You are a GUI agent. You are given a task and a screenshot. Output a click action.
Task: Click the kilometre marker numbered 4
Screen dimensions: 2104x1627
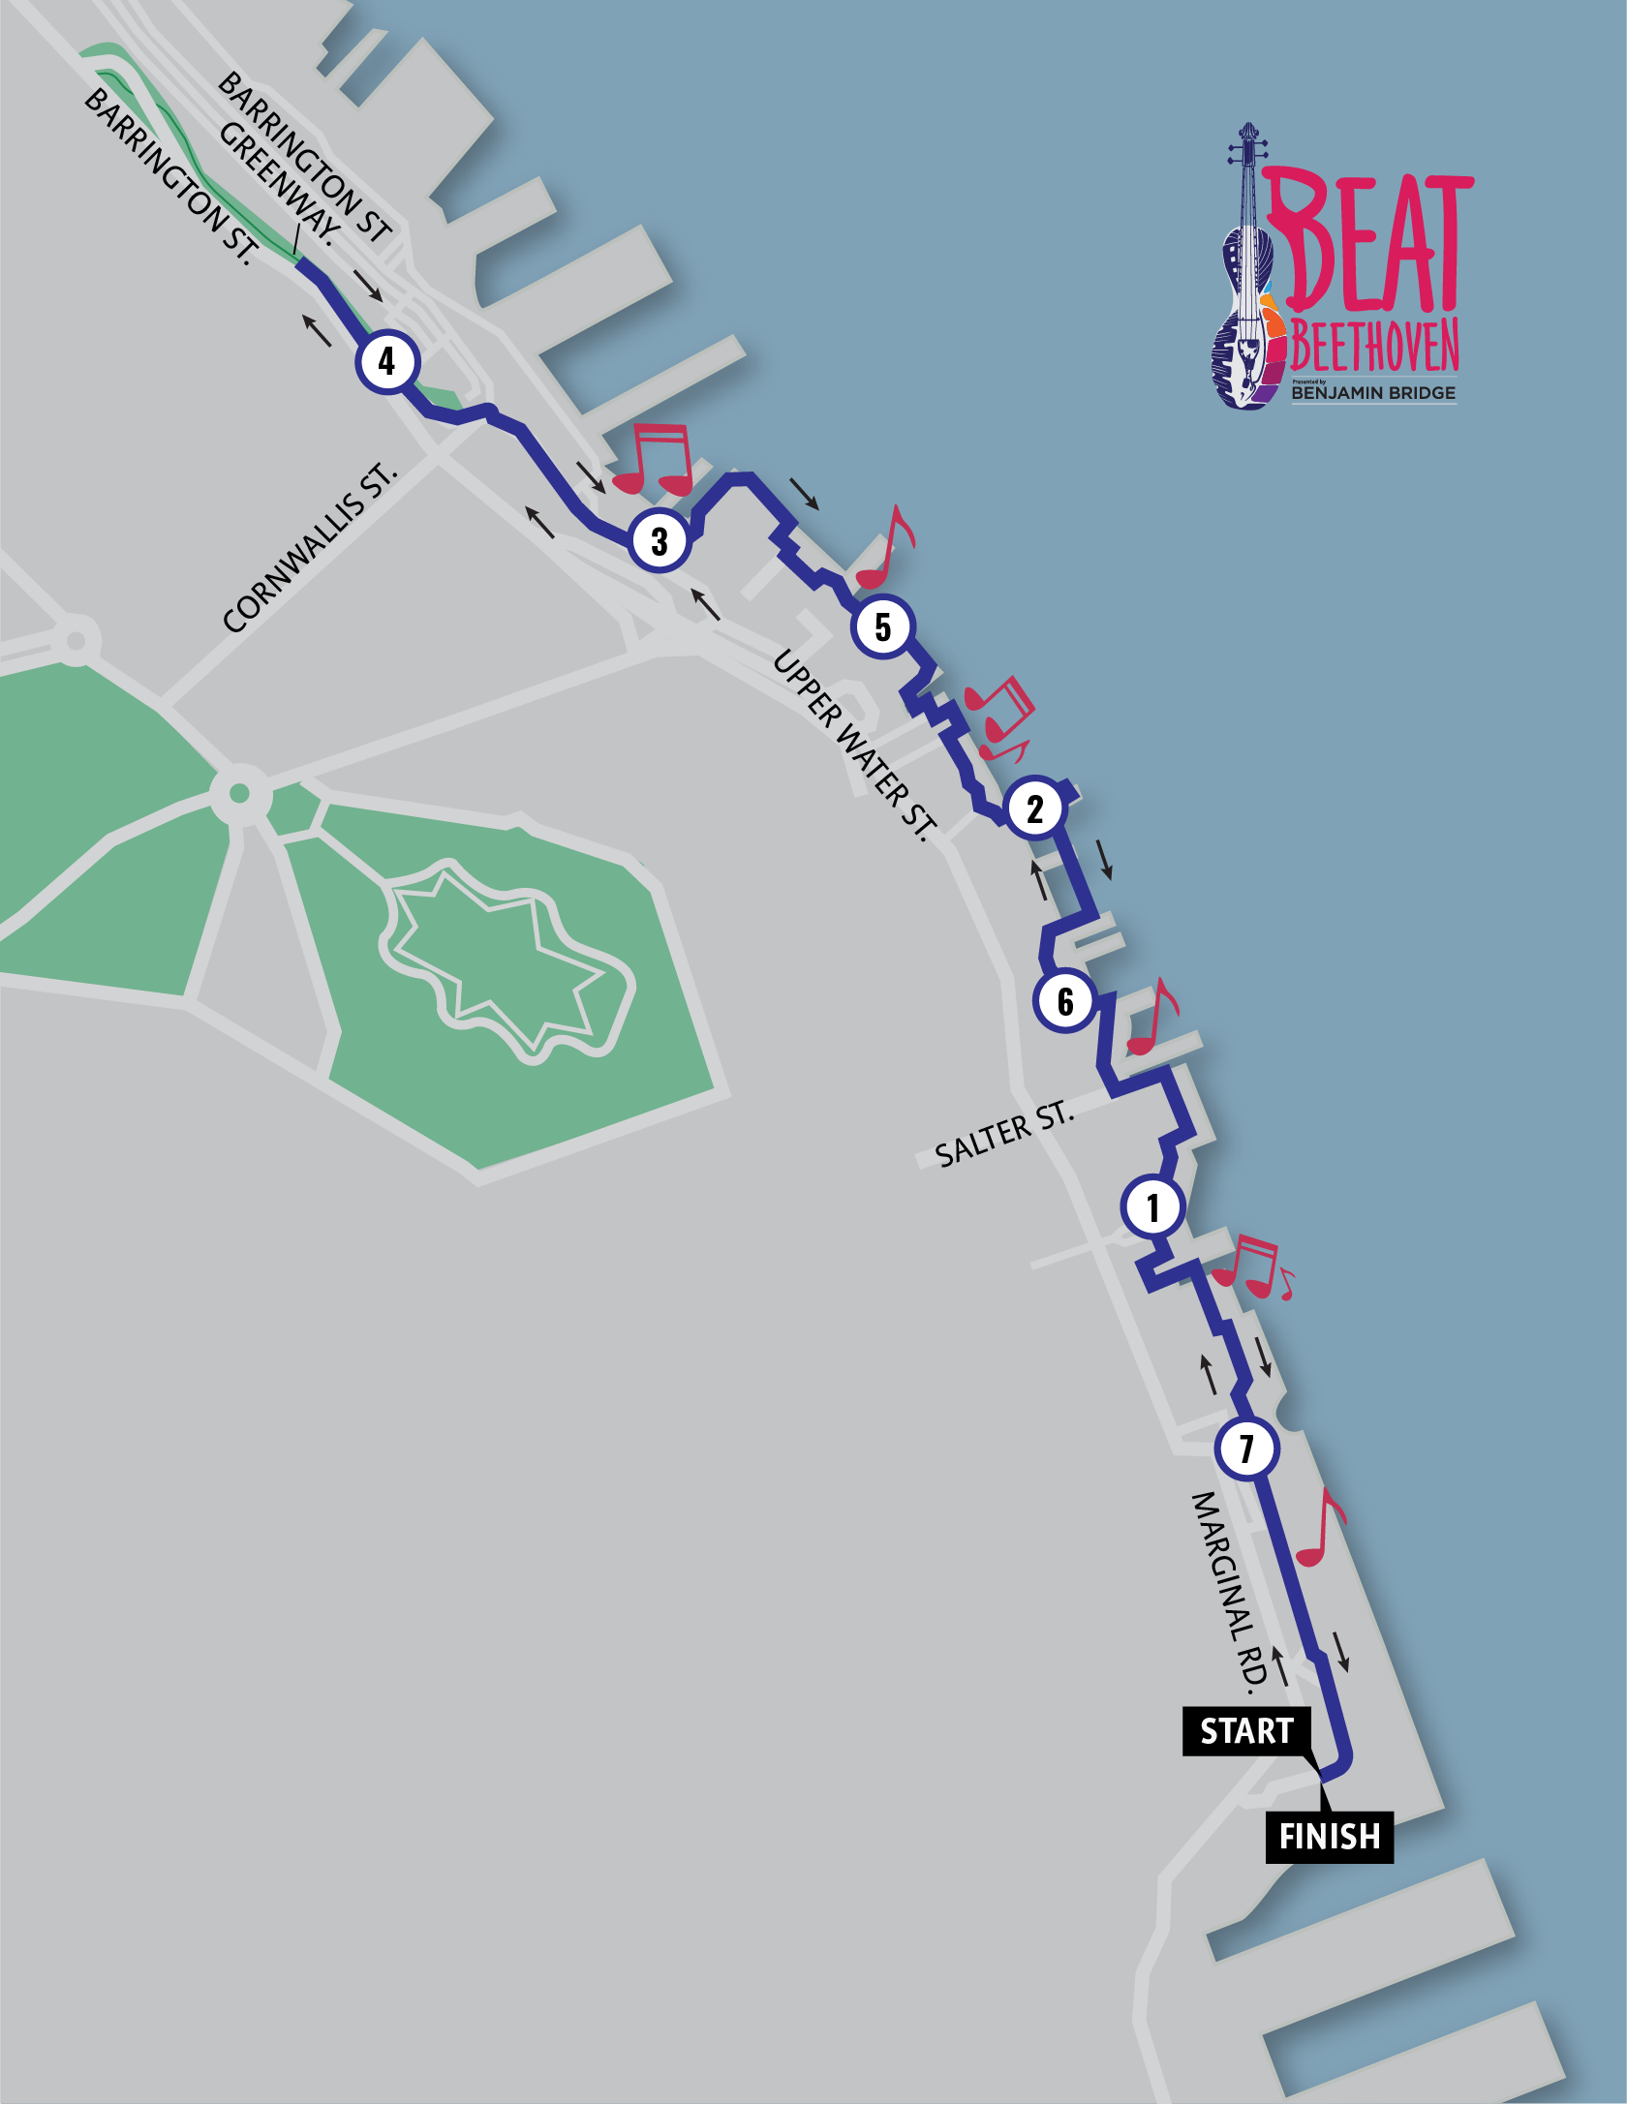387,361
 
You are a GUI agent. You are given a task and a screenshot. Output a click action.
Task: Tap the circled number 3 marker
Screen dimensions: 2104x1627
660,540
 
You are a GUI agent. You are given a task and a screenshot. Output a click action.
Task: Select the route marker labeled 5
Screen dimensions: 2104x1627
882,626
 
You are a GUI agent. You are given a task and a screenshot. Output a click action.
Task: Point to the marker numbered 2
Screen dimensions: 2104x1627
1035,808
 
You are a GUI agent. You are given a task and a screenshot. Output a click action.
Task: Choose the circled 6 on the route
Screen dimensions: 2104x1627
1065,1001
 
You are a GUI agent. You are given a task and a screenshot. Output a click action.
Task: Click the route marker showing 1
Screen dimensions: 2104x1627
1152,1207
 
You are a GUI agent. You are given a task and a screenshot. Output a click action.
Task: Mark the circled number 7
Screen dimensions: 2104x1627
1247,1448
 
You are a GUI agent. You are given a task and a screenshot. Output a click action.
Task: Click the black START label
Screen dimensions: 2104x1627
1246,1731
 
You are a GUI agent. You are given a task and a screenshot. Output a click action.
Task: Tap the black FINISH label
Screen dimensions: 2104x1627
1329,1837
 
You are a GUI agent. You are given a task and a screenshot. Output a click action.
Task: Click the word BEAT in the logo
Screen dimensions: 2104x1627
1369,243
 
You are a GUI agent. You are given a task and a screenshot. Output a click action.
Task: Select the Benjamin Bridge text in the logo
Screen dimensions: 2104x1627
1373,393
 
